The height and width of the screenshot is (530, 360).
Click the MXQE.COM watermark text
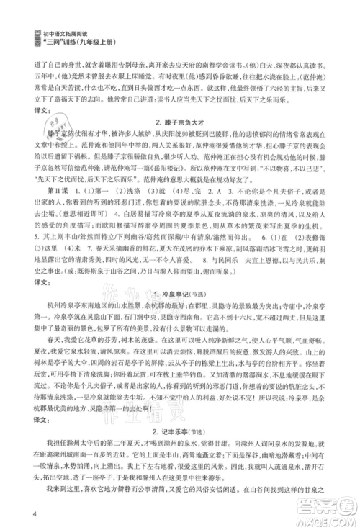(x=323, y=518)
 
